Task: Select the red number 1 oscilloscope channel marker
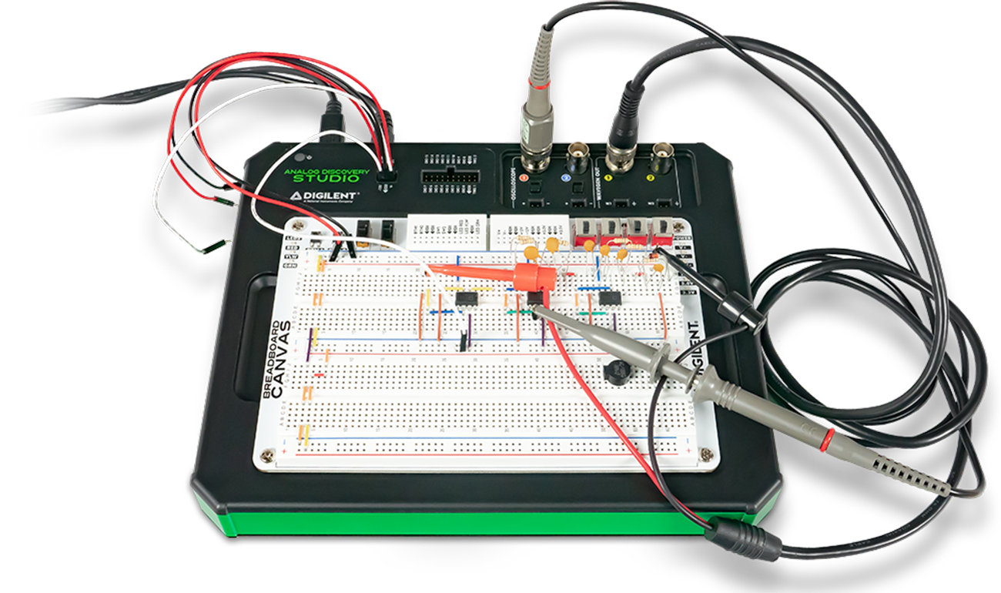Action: (524, 178)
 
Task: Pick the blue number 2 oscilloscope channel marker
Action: (566, 178)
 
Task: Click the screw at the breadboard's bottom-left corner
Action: (267, 454)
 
